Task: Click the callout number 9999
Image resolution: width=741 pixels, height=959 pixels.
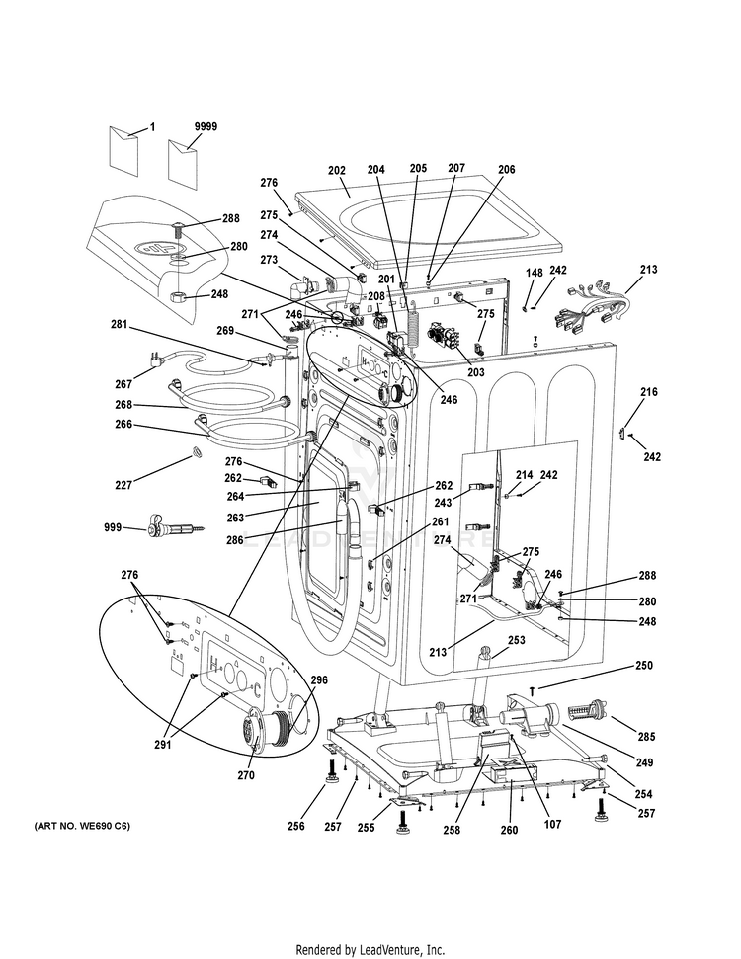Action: point(206,127)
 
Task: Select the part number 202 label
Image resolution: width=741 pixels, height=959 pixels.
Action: point(337,169)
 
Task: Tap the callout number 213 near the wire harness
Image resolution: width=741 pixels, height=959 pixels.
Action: point(648,269)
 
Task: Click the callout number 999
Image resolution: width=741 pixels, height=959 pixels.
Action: point(115,528)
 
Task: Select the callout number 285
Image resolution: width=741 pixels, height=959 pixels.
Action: point(646,736)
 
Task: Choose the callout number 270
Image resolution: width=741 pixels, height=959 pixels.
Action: point(246,775)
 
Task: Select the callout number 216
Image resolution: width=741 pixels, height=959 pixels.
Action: point(648,392)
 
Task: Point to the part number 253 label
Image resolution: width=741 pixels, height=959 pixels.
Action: point(516,640)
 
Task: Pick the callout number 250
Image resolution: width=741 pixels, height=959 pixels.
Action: point(643,666)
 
